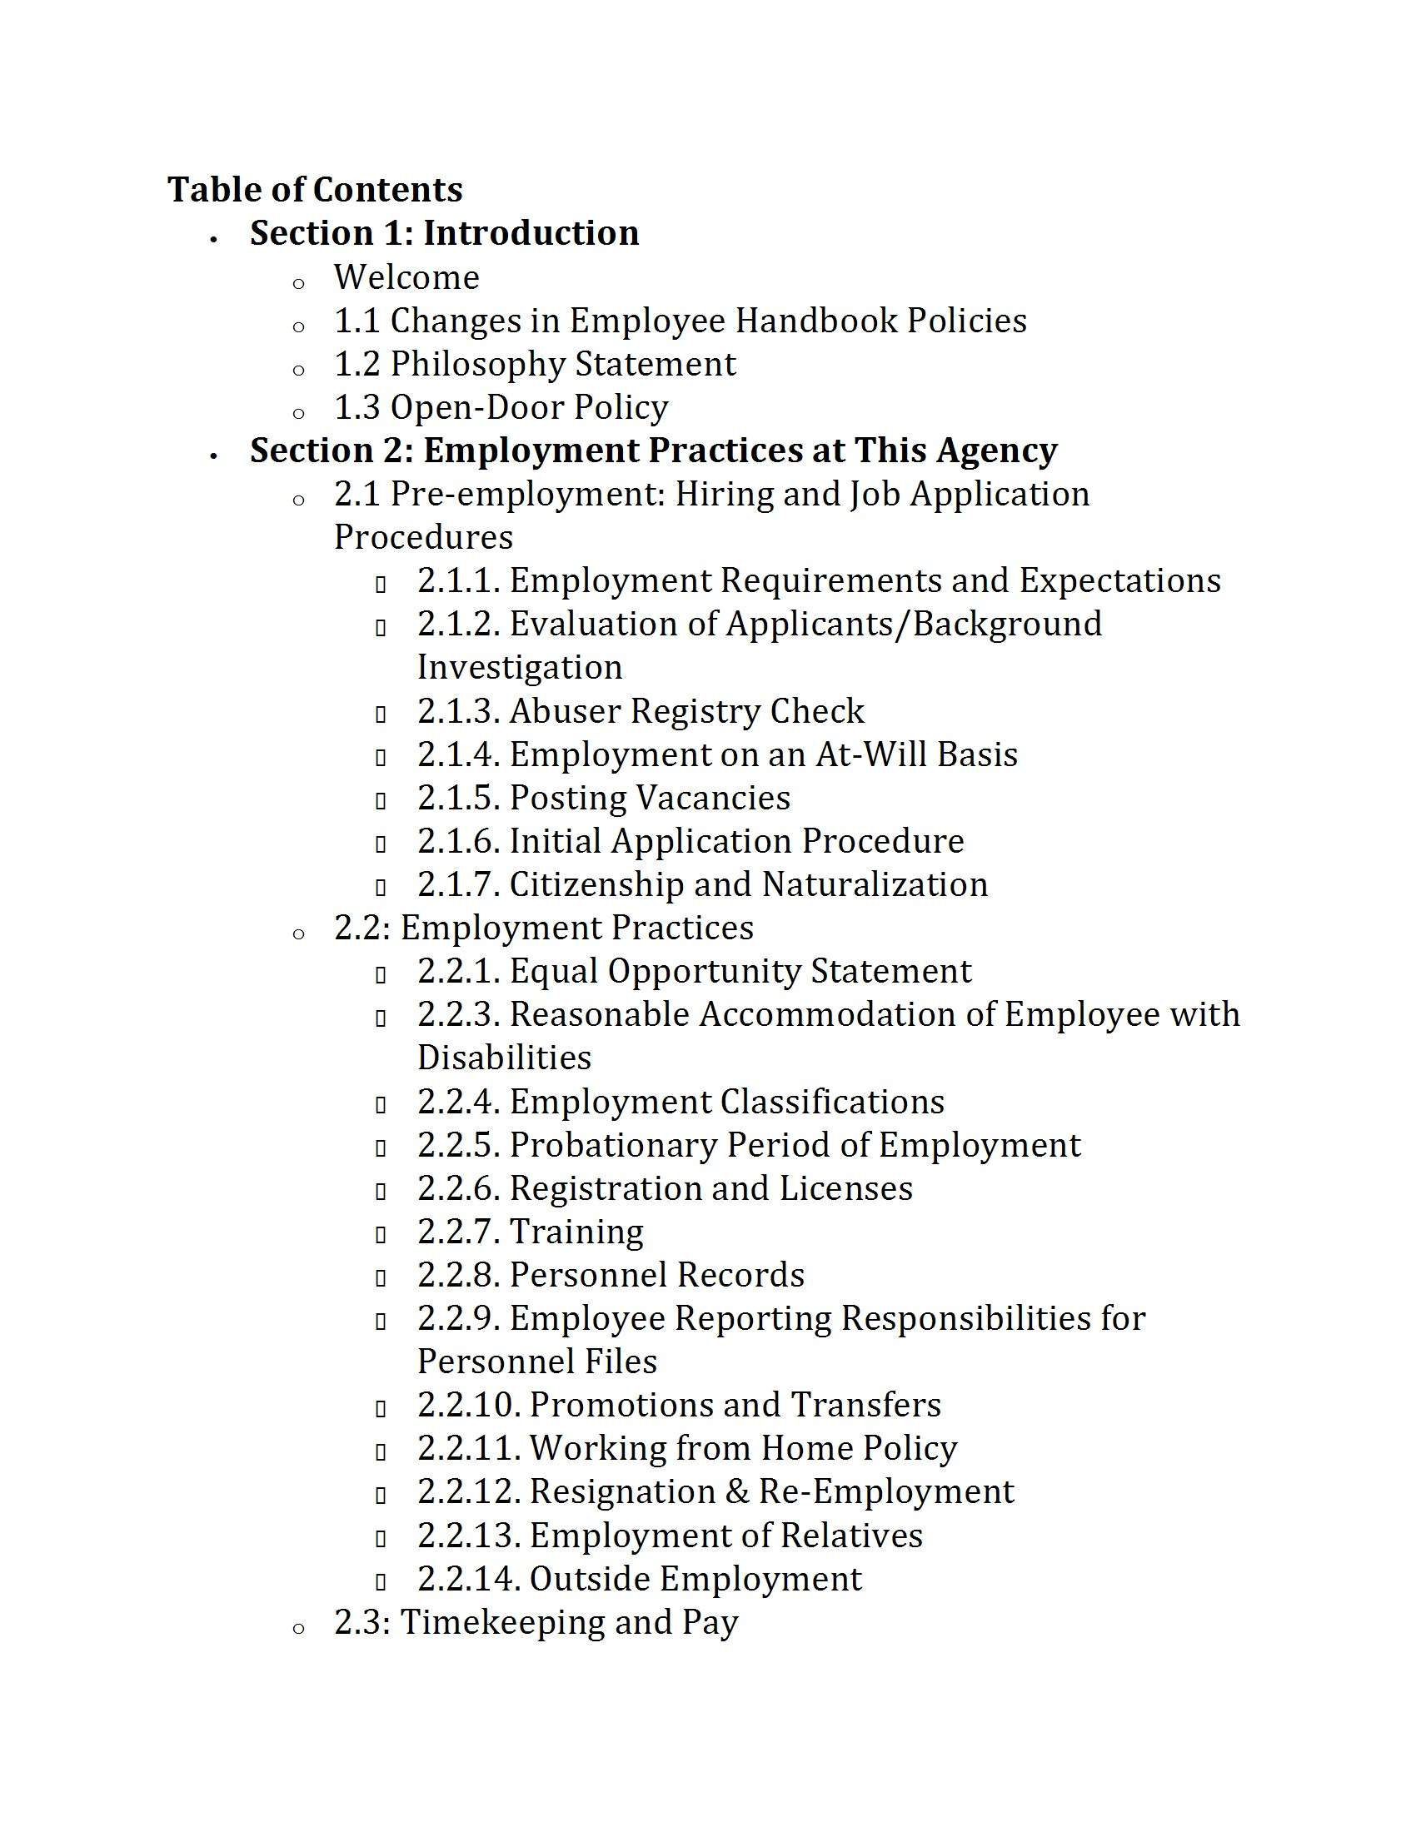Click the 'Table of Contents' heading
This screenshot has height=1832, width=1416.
point(315,190)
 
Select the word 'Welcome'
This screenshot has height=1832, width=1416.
point(406,277)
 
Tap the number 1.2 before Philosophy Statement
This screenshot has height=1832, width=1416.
point(356,364)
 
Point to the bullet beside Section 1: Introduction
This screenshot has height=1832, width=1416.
point(215,240)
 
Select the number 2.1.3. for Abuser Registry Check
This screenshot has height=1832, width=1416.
point(459,711)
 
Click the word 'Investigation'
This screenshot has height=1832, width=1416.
point(520,668)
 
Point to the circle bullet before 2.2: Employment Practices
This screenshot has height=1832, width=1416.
point(299,934)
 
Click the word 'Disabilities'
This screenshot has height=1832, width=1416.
point(504,1058)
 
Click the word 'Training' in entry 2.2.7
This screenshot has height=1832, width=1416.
point(576,1232)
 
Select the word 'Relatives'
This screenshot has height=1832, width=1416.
point(850,1536)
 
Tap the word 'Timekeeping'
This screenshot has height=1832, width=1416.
point(501,1622)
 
